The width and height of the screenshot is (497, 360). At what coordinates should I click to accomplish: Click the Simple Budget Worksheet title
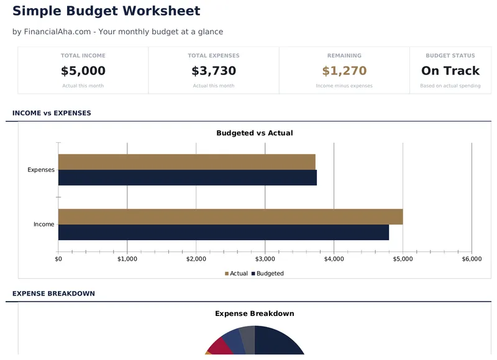coord(106,11)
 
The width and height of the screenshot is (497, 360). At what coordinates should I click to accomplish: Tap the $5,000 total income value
coord(83,71)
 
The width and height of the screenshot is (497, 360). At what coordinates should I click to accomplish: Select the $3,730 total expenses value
coord(214,71)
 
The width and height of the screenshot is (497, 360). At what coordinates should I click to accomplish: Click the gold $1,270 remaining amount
coord(344,71)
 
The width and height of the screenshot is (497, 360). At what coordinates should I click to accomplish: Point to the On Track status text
coord(450,71)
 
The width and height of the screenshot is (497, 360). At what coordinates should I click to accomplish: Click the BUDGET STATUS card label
coord(450,56)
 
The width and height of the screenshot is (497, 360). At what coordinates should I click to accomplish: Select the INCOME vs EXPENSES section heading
coord(52,113)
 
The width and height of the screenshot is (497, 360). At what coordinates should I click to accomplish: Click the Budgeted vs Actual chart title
coord(254,133)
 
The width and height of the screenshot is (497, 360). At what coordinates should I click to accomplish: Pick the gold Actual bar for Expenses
coord(186,162)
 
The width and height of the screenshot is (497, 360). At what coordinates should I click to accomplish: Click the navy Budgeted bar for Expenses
coord(186,178)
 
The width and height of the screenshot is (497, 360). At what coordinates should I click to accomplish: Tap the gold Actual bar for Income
coord(230,217)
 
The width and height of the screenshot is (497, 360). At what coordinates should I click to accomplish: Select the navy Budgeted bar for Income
coord(224,232)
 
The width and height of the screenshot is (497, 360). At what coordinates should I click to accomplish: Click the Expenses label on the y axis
coord(41,170)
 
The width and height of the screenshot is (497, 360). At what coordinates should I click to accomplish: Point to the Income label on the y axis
coord(44,225)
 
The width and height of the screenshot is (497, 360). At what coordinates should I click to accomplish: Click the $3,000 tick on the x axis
coord(265,259)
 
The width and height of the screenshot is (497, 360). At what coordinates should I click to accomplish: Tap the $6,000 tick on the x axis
coord(472,259)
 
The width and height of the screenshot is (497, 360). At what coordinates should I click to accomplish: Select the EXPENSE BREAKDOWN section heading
coord(53,294)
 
